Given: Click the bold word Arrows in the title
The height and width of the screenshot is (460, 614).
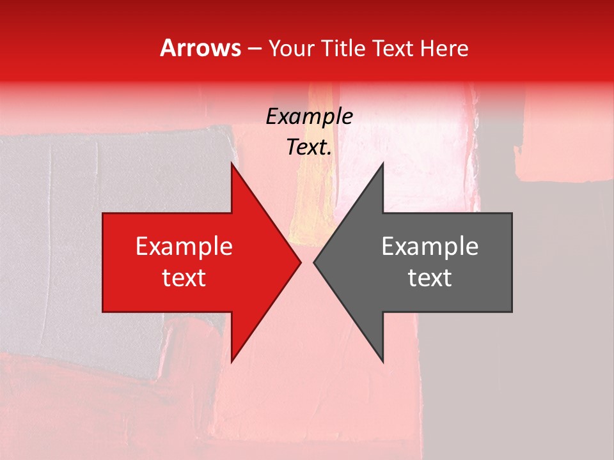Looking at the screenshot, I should [x=200, y=48].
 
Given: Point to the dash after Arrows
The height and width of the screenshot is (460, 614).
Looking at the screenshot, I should [x=255, y=49].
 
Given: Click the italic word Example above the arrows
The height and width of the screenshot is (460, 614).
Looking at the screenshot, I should [x=309, y=117].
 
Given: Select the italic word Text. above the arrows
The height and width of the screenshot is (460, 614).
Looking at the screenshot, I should [x=309, y=148].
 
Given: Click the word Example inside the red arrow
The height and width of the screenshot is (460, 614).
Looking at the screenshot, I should [x=184, y=247].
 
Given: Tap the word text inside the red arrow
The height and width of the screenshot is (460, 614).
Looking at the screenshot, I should [x=184, y=278].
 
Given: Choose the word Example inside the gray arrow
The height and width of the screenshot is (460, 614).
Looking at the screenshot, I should [x=430, y=247].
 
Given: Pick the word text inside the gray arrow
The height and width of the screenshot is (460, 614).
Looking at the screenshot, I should [x=430, y=278].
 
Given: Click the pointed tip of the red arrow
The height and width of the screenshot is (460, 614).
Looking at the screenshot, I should [x=299, y=262].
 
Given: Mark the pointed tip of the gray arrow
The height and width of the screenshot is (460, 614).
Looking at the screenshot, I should [x=315, y=262].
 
